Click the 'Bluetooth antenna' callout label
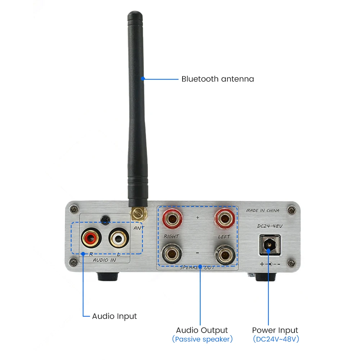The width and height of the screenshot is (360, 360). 217,79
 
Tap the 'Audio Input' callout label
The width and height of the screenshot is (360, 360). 114,316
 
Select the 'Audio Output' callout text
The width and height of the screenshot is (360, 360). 202,330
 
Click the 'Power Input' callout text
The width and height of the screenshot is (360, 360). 275,330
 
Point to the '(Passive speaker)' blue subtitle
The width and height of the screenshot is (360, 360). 202,339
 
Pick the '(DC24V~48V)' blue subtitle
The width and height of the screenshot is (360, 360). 275,339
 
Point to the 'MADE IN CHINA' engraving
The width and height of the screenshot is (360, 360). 263,211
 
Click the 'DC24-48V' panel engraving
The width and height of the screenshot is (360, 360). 268,226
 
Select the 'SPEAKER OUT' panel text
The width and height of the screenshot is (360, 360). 197,267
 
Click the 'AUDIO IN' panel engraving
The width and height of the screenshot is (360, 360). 104,260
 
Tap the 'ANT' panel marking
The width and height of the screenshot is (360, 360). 139,228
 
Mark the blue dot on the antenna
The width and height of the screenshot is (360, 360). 143,78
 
